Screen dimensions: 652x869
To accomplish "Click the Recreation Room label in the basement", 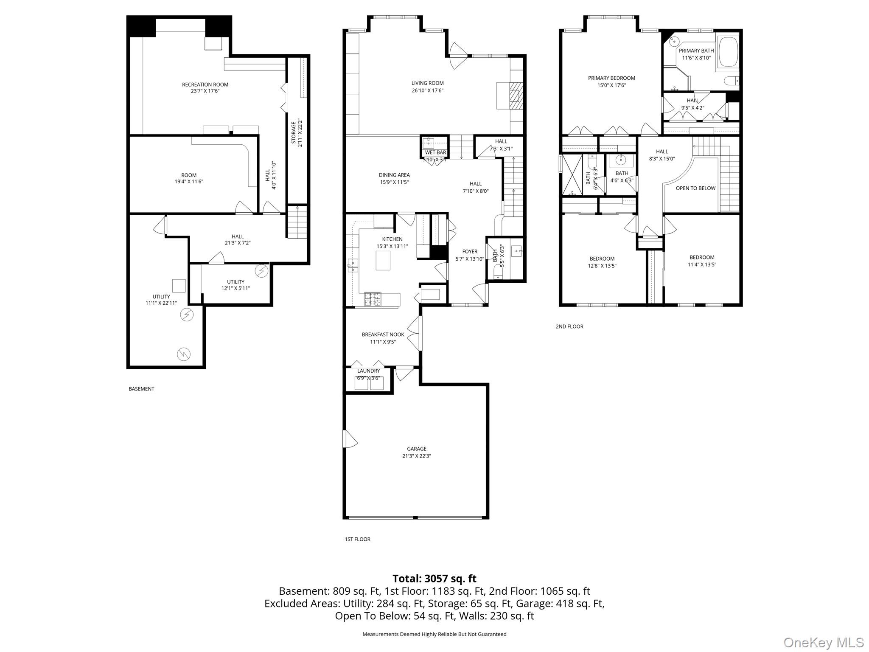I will (205, 84).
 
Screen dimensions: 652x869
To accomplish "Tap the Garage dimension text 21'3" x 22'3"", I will (416, 456).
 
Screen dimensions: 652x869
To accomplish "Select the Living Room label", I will (427, 83).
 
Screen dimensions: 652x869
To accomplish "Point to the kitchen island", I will (383, 260).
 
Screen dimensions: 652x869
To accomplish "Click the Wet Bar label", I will (435, 152).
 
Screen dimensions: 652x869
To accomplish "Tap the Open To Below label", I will (695, 188).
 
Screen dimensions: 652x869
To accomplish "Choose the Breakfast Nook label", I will (383, 334).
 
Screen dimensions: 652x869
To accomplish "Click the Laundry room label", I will (368, 371).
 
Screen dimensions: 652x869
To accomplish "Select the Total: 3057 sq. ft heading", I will (434, 579).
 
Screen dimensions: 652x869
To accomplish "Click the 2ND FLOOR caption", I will (569, 326).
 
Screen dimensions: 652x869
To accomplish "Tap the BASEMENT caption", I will (141, 389).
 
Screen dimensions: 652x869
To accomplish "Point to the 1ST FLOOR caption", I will (357, 539).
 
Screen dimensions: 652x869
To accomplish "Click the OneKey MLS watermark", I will (823, 642).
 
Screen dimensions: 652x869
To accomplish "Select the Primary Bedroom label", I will (611, 78).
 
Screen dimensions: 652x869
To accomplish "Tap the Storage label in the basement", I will (294, 132).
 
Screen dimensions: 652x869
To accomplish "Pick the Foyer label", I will (469, 252).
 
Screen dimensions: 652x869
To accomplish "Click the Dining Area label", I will (394, 175).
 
